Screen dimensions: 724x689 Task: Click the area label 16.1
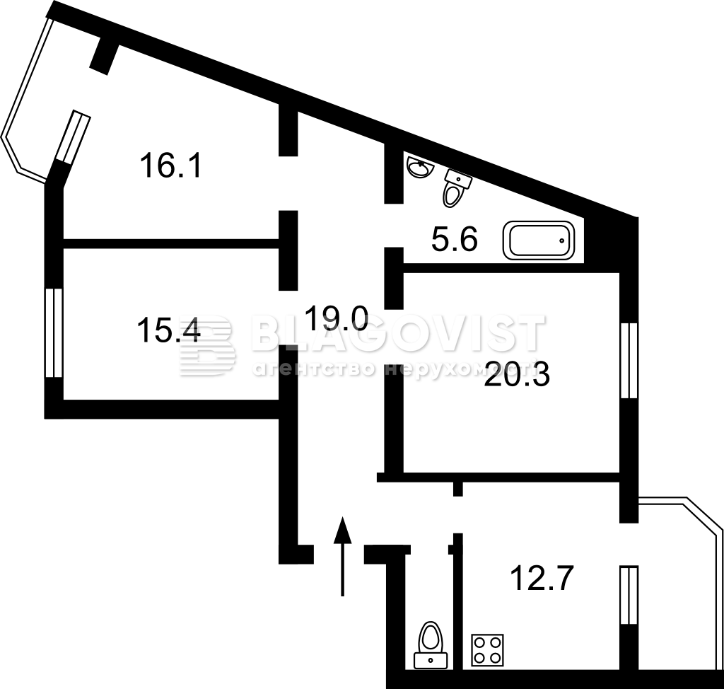pos(171,166)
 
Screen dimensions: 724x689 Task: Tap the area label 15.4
pos(168,331)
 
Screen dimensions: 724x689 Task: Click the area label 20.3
pos(517,374)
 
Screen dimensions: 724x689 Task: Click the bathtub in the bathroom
pos(539,241)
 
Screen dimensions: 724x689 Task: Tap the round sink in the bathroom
pos(420,166)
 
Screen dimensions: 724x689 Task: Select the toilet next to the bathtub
pos(456,187)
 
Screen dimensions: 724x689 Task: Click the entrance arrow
pos(343,556)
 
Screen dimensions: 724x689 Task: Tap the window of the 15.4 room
pos(54,332)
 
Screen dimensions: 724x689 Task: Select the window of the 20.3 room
pos(629,361)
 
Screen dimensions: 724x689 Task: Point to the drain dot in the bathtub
pos(562,241)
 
